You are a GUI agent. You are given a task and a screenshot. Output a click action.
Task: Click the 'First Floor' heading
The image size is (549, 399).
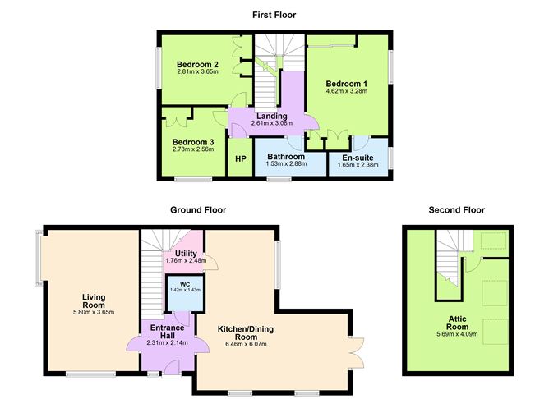tap(273, 15)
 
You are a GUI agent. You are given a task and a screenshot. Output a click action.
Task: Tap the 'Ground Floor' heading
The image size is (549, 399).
tap(197, 210)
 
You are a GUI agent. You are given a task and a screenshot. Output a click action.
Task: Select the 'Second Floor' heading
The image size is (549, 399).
tap(456, 210)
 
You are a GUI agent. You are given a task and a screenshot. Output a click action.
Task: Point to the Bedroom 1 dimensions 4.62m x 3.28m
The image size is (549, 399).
tap(346, 92)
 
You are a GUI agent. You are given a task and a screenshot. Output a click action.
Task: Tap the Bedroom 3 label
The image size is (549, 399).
tap(194, 141)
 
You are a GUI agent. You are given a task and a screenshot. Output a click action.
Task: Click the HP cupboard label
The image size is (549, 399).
tap(241, 158)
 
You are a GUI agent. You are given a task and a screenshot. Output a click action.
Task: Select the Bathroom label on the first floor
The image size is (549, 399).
tap(286, 156)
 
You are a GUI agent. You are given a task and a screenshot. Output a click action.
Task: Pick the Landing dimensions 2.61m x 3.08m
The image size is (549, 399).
tap(271, 124)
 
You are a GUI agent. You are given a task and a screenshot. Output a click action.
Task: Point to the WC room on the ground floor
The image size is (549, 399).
tap(185, 290)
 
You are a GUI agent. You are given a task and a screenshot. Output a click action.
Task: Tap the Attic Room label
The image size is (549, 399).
tap(458, 327)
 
